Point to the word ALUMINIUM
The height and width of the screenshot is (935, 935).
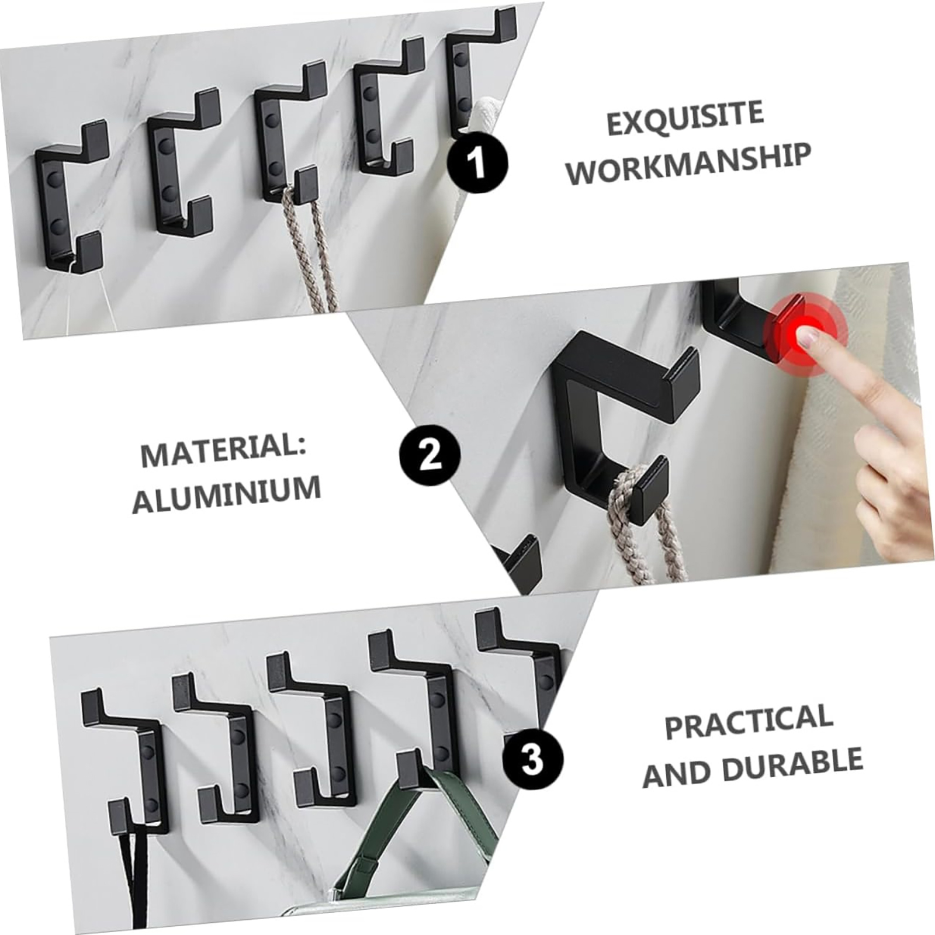[x=227, y=494]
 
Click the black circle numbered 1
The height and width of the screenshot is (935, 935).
[x=477, y=162]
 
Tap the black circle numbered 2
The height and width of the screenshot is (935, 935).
[x=430, y=454]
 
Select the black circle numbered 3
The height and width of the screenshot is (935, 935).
[x=532, y=760]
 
